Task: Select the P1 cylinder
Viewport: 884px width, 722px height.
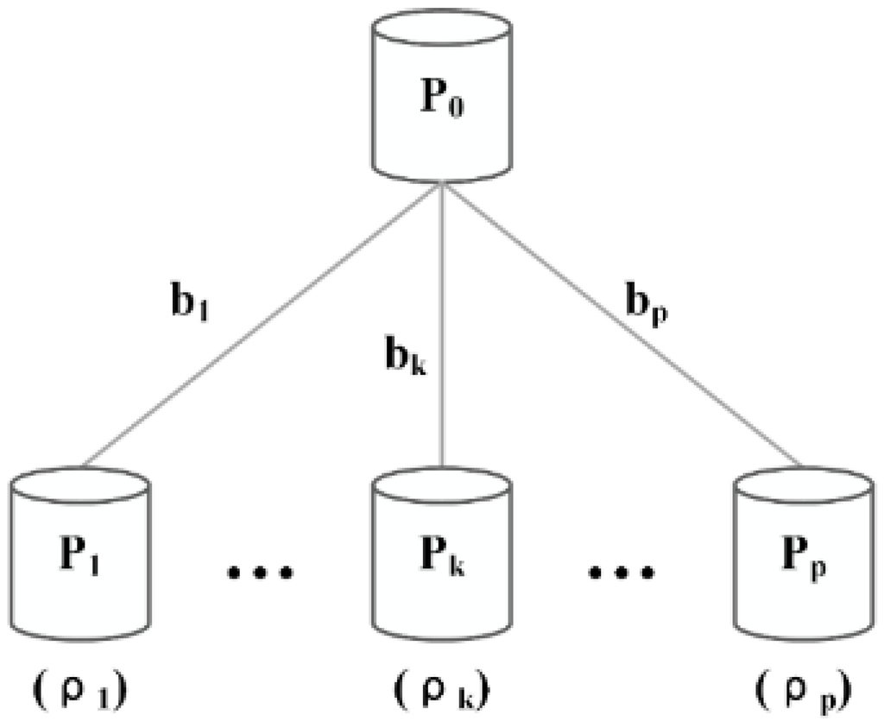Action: (79, 557)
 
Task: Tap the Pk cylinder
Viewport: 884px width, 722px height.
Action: (442, 557)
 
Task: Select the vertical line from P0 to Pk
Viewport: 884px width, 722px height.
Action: (443, 345)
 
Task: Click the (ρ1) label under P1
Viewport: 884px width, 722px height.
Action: (79, 691)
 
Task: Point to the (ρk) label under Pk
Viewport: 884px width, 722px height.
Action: (442, 691)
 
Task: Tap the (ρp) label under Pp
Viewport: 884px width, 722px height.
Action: (803, 691)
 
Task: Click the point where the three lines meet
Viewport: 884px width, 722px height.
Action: (443, 183)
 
